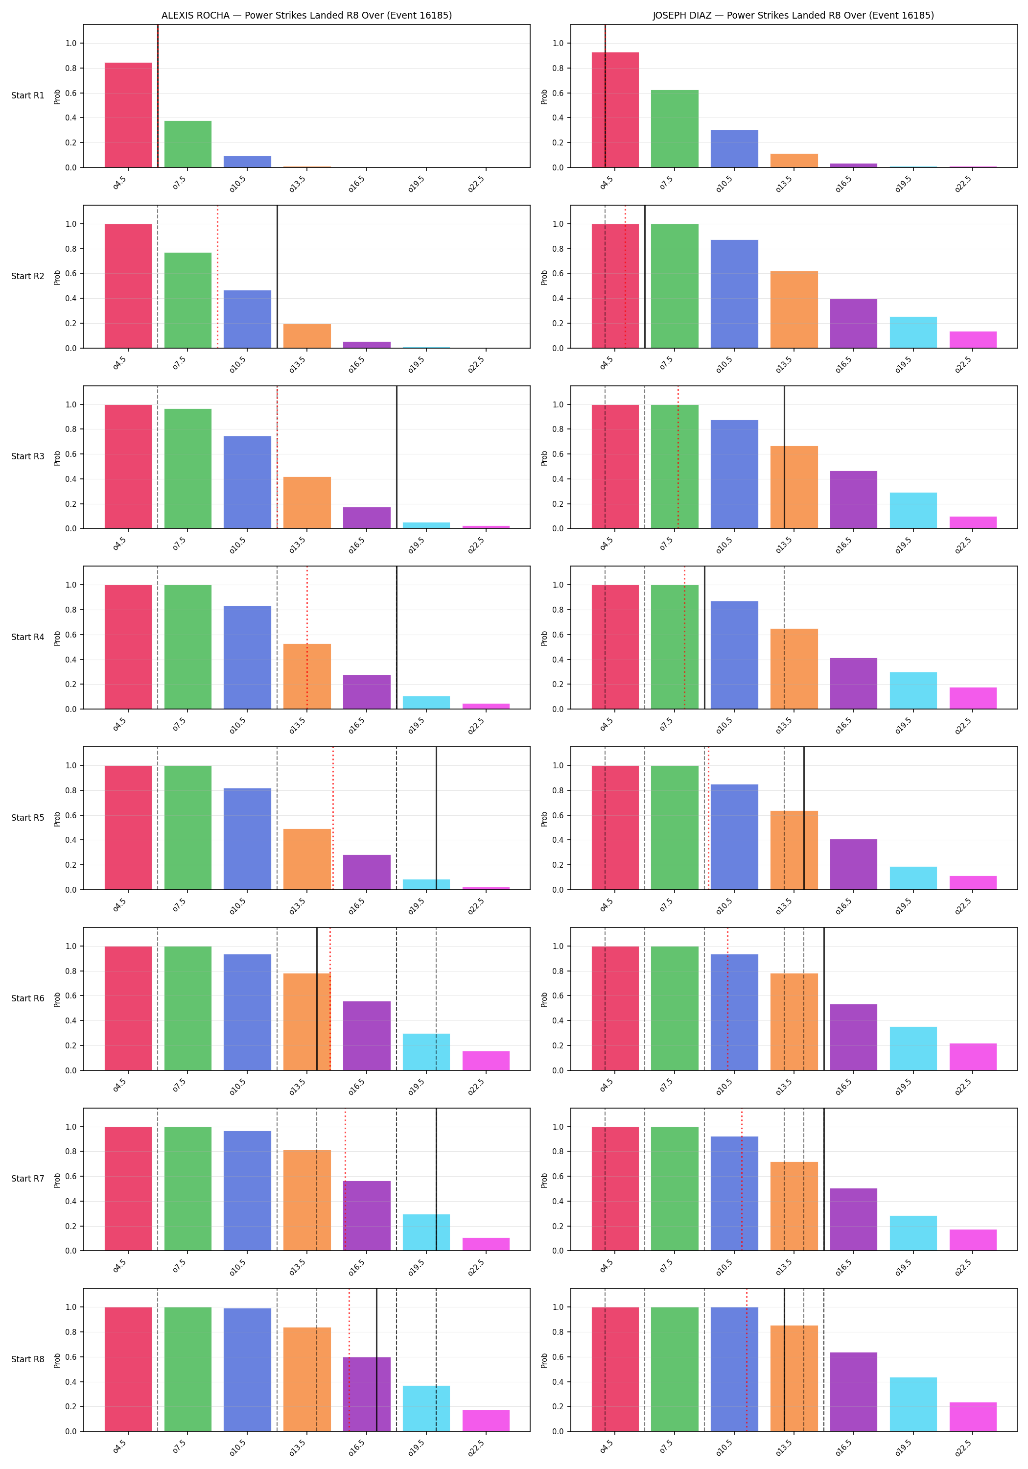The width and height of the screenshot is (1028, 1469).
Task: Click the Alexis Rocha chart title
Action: coord(306,15)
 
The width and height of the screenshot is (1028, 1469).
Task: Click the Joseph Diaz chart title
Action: coord(793,15)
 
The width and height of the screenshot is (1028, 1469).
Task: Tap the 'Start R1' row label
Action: coord(28,95)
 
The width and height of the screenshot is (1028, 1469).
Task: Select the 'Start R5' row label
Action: coord(28,818)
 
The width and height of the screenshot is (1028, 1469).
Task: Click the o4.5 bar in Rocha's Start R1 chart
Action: coord(129,115)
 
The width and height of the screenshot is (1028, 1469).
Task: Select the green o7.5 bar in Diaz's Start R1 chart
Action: coord(675,129)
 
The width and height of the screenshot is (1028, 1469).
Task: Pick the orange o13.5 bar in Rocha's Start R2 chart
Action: coord(307,336)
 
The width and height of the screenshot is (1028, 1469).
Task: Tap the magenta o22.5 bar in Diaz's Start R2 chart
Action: coord(973,340)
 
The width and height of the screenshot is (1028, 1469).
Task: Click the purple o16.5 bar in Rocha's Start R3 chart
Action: coord(367,518)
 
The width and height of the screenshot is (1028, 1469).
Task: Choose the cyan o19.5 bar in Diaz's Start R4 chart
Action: coord(913,690)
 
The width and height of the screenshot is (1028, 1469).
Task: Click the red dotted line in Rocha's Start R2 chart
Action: coord(217,276)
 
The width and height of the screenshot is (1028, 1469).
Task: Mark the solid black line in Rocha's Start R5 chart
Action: coord(436,818)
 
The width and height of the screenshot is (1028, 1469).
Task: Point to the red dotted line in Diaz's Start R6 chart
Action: coord(727,999)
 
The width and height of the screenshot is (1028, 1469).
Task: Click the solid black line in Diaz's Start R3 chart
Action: coord(784,457)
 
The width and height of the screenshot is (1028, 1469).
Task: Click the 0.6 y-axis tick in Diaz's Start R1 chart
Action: coord(558,93)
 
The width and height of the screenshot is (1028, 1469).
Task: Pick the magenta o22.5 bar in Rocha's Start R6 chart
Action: coord(486,1060)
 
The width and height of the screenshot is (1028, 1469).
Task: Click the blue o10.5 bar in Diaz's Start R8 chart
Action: coord(734,1369)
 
